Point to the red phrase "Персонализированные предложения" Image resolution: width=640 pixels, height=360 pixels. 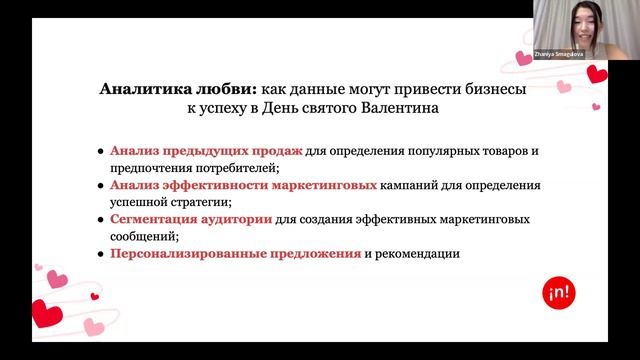coord(235,254)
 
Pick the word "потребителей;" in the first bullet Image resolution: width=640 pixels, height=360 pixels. coord(234,167)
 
